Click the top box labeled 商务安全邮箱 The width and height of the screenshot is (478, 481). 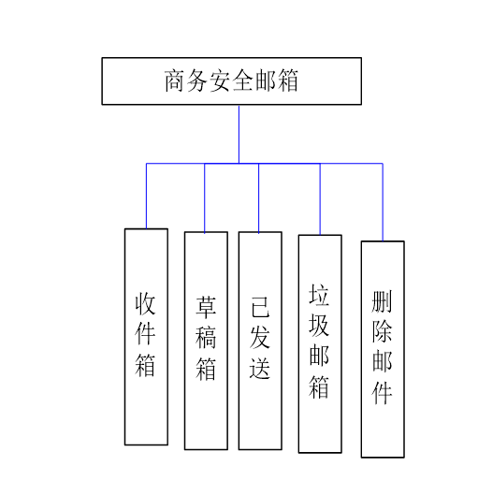pos(231,81)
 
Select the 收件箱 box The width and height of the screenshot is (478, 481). pos(146,336)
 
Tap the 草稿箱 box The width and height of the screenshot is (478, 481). pos(206,341)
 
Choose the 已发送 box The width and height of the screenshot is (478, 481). pos(260,341)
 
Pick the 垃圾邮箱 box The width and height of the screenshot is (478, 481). pos(320,343)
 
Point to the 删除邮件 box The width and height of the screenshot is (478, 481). pos(383,349)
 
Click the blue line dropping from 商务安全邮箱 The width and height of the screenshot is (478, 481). pos(239,133)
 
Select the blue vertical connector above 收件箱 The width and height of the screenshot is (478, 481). pos(146,196)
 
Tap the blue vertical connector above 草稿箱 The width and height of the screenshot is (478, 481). pos(205,197)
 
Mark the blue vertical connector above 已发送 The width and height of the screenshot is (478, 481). pos(259,197)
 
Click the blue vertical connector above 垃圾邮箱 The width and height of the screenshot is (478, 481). pos(320,198)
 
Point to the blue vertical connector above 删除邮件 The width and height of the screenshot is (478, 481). pos(383,202)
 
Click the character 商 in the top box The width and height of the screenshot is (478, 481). pos(174,81)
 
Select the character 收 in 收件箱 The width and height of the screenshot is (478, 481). pos(146,304)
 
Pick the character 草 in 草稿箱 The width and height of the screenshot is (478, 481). pos(206,306)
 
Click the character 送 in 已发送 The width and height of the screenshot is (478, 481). pos(260,369)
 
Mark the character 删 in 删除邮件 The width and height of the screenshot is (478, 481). pos(383,300)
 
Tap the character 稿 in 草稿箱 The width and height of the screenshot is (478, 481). pos(206,337)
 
